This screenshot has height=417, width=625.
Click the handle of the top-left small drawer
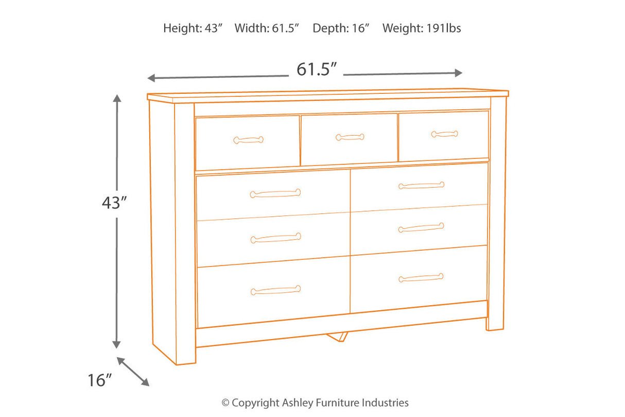248,140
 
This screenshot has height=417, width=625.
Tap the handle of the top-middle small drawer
350,137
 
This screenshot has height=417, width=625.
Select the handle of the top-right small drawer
444,134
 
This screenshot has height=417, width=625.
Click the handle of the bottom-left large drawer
275,290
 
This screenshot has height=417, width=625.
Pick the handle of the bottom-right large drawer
421,278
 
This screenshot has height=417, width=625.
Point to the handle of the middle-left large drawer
275,238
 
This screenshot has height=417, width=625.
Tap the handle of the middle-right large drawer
421,227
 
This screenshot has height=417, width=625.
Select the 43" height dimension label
114,203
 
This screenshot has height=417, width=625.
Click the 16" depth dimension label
100,381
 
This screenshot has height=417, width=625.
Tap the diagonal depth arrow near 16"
133,371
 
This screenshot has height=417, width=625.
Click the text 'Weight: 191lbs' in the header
422,28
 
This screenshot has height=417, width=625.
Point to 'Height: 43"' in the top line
193,28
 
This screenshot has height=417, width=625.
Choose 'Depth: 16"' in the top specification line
341,28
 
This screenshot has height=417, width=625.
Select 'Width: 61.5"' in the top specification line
267,28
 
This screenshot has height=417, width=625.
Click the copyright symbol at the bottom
225,403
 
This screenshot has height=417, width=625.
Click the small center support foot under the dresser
336,336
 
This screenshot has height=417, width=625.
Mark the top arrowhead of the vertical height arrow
117,98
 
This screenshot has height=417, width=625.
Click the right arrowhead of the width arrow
459,73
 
